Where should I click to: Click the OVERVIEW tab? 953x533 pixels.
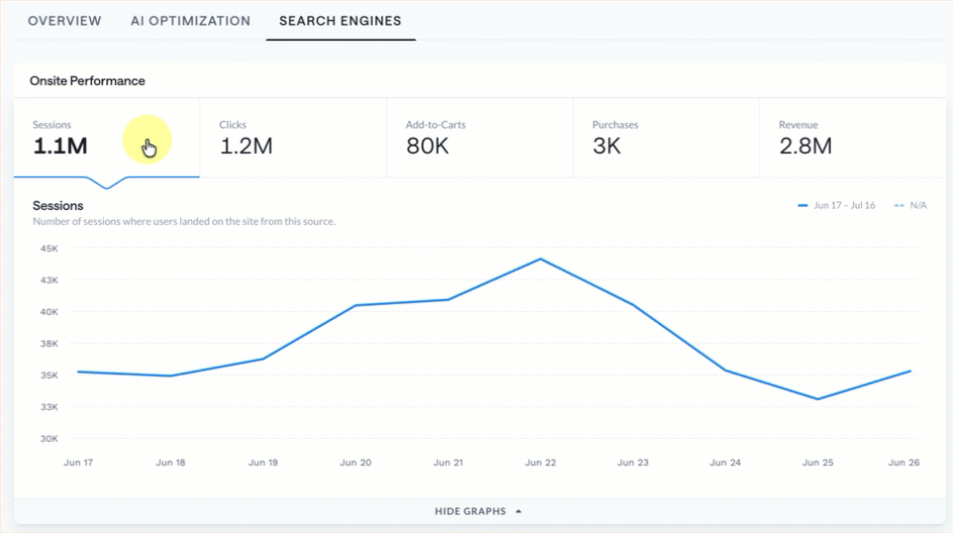tap(64, 21)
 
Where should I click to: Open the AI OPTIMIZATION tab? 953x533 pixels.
tap(190, 21)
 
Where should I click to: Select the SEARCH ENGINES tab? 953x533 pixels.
tap(341, 21)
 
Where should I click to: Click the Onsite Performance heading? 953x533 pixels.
tap(87, 81)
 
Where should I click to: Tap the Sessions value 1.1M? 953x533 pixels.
tap(60, 146)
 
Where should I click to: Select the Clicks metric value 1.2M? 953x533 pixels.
tap(246, 146)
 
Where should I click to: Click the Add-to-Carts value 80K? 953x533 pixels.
tap(427, 146)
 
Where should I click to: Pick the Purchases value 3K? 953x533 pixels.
tap(606, 146)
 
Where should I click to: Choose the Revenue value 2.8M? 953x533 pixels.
tap(805, 146)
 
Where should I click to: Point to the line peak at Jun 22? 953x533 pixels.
tap(540, 260)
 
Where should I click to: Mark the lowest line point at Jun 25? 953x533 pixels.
tap(817, 399)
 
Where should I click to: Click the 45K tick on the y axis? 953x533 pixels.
tap(50, 249)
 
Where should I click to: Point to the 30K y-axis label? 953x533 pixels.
tap(50, 439)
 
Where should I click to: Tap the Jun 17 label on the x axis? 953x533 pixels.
tap(78, 463)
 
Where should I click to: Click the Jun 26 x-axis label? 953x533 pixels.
tap(903, 463)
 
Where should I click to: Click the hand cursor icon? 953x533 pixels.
tap(149, 148)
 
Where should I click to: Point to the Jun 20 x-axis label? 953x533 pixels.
tap(356, 463)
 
